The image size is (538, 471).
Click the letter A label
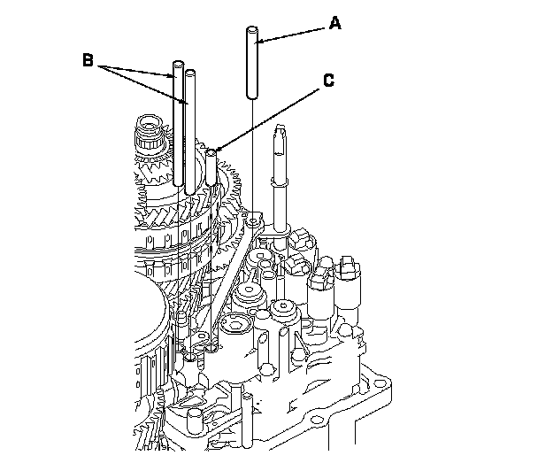[334, 25]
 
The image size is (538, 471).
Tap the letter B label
[88, 60]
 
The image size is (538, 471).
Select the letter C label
[328, 80]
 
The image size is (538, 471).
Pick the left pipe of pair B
[177, 124]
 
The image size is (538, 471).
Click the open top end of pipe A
[252, 33]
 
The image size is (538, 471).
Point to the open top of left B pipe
[177, 65]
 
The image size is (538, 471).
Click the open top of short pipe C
[211, 153]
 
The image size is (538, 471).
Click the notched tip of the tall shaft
[281, 134]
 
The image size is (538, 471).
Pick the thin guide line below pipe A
[253, 159]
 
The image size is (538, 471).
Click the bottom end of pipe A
[252, 96]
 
